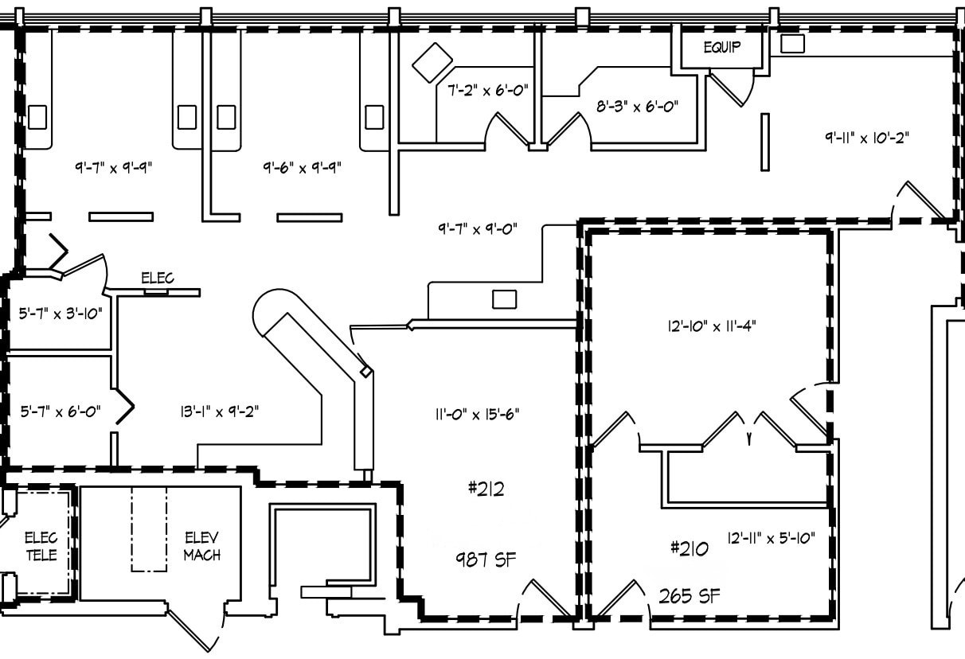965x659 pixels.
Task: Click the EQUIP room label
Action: pos(721,47)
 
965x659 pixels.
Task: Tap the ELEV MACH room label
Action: pos(201,545)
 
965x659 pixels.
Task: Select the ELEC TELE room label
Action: pos(41,546)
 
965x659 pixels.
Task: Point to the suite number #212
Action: pos(486,489)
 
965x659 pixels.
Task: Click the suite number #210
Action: pos(689,548)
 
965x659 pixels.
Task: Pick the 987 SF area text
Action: pos(486,560)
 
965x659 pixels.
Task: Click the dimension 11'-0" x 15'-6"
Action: pos(478,414)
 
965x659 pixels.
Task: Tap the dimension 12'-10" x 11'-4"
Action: pos(706,325)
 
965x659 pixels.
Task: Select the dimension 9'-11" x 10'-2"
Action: pos(866,137)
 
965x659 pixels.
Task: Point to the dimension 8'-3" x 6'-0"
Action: pos(637,105)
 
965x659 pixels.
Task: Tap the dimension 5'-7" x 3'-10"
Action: pos(61,313)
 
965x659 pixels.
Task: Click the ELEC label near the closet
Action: pos(157,278)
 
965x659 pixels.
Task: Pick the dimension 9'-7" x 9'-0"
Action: pos(478,228)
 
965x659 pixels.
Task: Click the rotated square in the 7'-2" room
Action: pos(432,60)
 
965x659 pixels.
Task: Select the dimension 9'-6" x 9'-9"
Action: pos(303,168)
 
